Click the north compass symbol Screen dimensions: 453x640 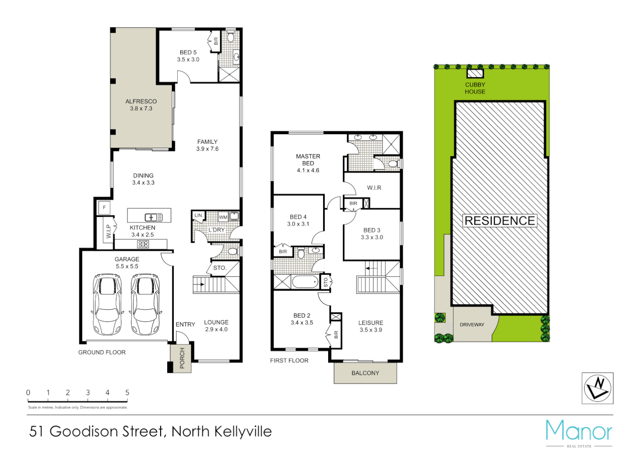click(597, 388)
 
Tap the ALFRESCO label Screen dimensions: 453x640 click(141, 102)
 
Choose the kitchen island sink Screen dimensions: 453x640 click(153, 217)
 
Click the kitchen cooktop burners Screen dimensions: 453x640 click(143, 244)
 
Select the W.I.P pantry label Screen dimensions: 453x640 click(109, 232)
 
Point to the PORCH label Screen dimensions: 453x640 click(182, 358)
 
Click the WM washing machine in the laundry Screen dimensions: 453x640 click(223, 217)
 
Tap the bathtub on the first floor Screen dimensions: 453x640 click(305, 281)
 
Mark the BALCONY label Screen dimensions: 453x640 click(365, 373)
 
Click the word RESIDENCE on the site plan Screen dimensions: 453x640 click(500, 221)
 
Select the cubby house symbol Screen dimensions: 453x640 click(475, 74)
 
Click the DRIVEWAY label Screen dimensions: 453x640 click(472, 325)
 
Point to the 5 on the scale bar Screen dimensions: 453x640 click(127, 393)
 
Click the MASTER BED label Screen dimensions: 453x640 click(308, 160)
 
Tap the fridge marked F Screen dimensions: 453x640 click(104, 207)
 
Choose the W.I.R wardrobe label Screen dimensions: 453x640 click(374, 187)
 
